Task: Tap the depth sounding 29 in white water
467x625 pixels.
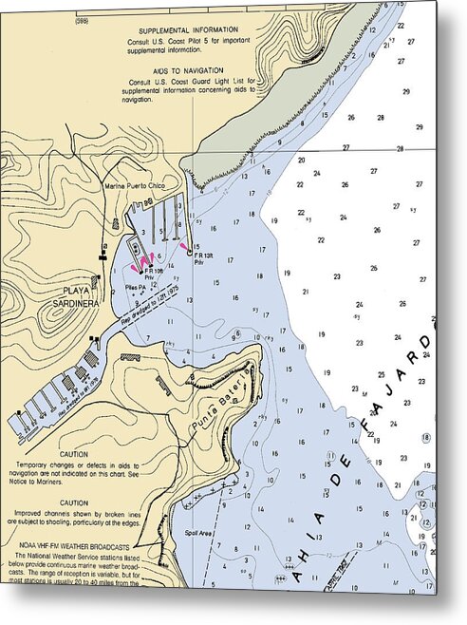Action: [x=405, y=91]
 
